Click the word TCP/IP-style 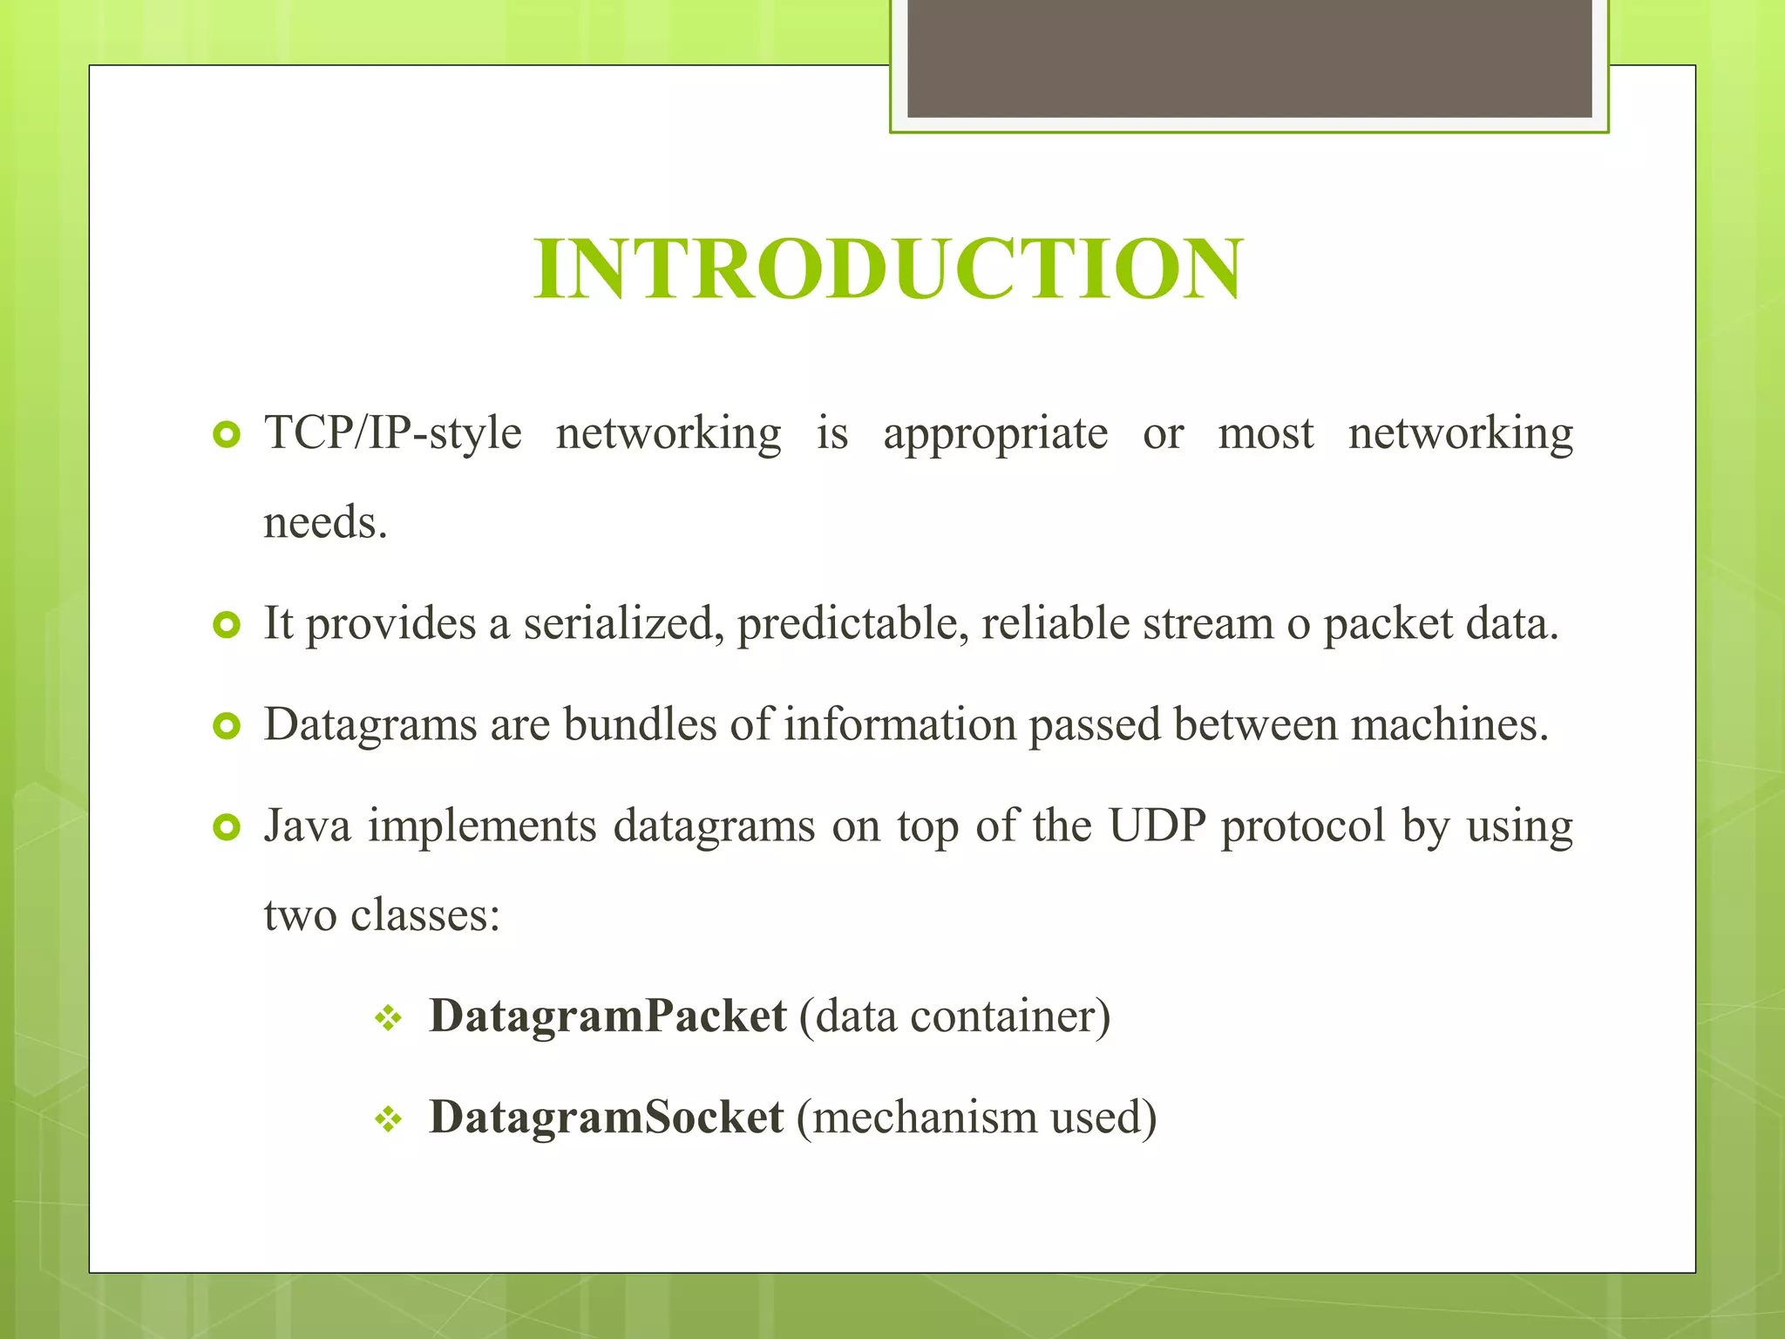[393, 433]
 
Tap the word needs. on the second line [325, 523]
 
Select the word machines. [1449, 724]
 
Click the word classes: [425, 914]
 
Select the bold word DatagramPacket [607, 1016]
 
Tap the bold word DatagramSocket [606, 1117]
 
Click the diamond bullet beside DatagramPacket [388, 1018]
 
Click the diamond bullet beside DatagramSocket [388, 1119]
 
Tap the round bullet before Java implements [227, 826]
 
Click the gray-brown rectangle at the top [1249, 58]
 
